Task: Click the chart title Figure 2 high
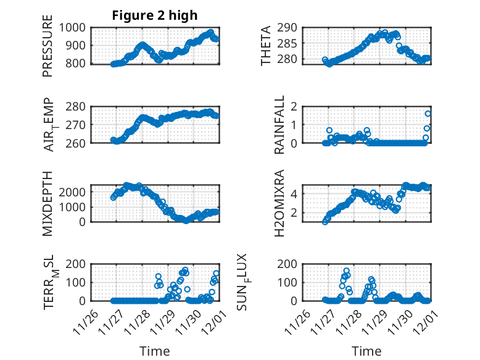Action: pyautogui.click(x=155, y=15)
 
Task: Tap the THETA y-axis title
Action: pyautogui.click(x=266, y=46)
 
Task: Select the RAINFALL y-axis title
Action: pyautogui.click(x=279, y=124)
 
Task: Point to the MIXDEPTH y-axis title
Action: pyautogui.click(x=48, y=203)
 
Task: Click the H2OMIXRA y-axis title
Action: pyautogui.click(x=279, y=203)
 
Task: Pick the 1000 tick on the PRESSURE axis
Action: pyautogui.click(x=73, y=28)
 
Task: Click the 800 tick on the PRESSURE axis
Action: pyautogui.click(x=77, y=64)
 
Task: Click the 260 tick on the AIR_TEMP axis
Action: pyautogui.click(x=77, y=143)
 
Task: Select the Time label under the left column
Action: pyautogui.click(x=155, y=351)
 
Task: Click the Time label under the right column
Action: pyautogui.click(x=366, y=351)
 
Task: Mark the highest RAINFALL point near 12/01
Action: pyautogui.click(x=428, y=114)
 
